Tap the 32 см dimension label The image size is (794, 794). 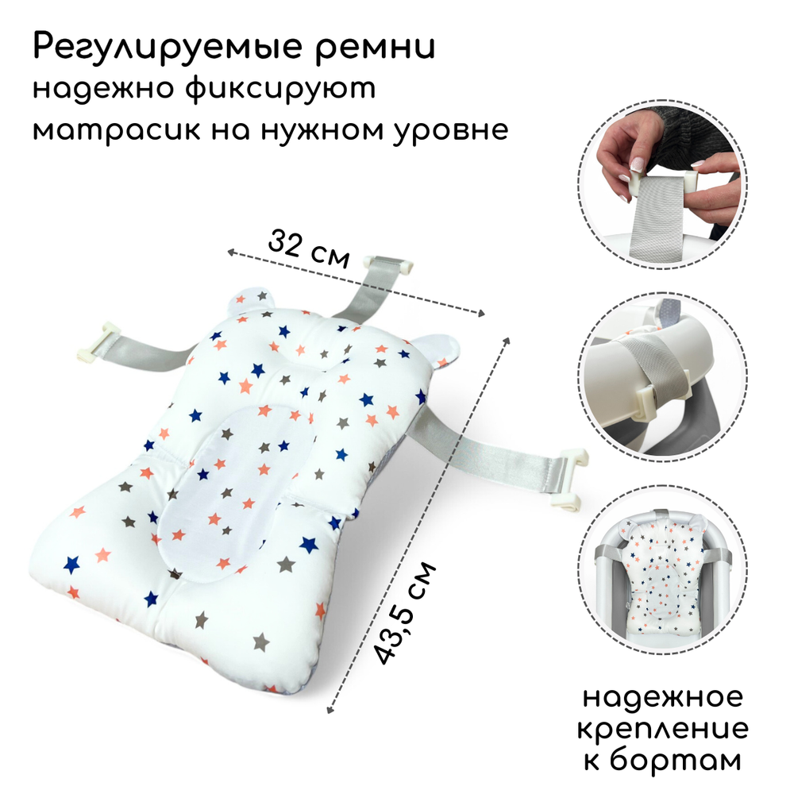pyautogui.click(x=309, y=249)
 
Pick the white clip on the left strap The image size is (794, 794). pyautogui.click(x=97, y=343)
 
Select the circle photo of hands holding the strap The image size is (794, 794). pyautogui.click(x=663, y=184)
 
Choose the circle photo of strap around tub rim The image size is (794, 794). pyautogui.click(x=663, y=377)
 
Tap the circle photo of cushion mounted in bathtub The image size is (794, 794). pyautogui.click(x=663, y=570)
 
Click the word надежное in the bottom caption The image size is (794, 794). pyautogui.click(x=663, y=698)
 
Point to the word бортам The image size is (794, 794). pyautogui.click(x=676, y=760)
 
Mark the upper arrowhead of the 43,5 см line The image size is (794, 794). pyautogui.click(x=507, y=340)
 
